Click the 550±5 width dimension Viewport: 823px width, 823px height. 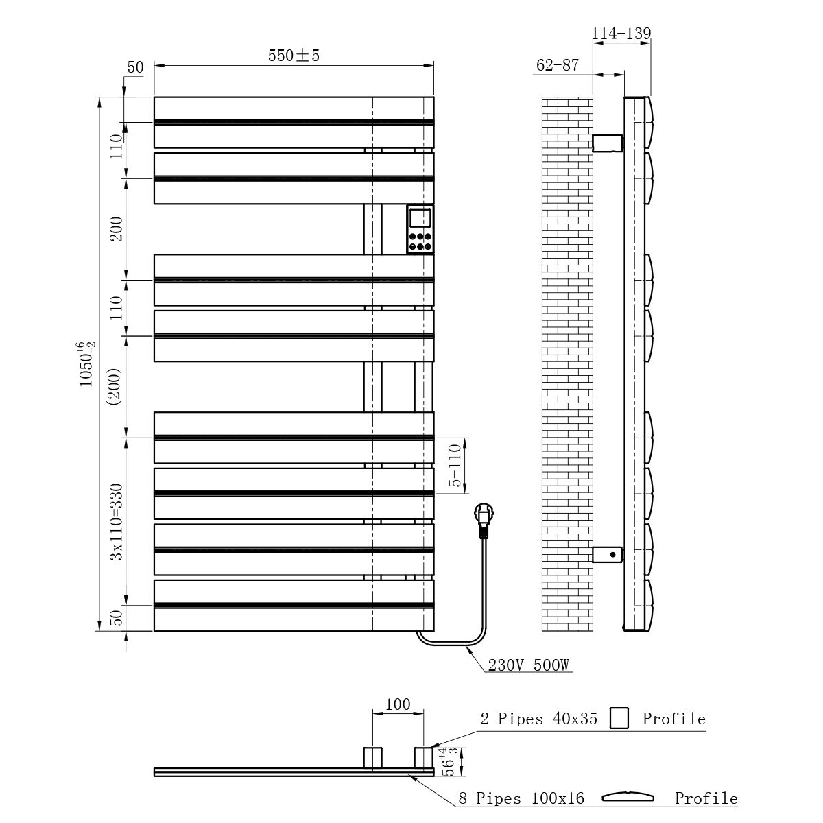[x=294, y=56]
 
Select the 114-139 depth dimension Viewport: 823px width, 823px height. [x=621, y=34]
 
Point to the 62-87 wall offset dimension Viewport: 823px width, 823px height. [x=558, y=65]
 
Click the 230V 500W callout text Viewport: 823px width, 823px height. [x=528, y=665]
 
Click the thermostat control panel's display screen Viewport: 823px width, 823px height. [x=420, y=218]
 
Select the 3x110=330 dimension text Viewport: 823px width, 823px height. [x=116, y=521]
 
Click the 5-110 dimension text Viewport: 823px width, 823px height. [x=455, y=465]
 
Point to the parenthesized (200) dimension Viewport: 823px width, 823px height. [x=115, y=387]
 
